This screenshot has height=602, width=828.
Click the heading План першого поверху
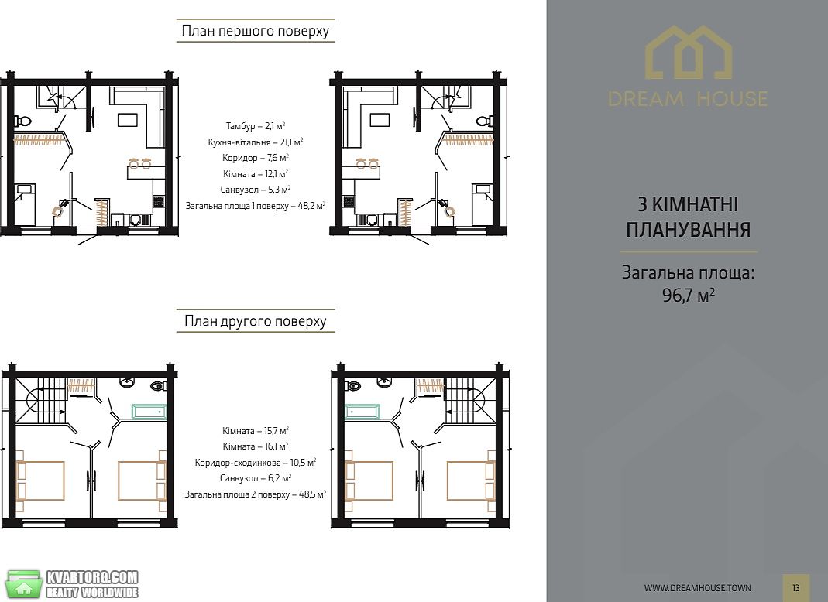[255, 31]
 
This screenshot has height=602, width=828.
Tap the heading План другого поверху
[255, 321]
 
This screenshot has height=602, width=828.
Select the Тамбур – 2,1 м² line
[256, 126]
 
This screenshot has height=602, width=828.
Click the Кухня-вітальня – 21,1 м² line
[256, 142]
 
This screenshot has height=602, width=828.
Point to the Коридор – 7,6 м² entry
[256, 158]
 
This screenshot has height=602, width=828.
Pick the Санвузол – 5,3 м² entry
[256, 190]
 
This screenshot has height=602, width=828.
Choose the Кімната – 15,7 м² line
[256, 430]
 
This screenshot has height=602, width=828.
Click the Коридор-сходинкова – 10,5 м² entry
[256, 462]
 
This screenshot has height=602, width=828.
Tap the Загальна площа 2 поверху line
[256, 494]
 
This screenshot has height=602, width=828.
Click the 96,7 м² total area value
[689, 294]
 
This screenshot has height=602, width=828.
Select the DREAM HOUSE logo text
[688, 99]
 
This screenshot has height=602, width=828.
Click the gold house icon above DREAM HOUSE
[689, 52]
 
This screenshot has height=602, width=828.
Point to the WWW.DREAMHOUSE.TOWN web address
[698, 588]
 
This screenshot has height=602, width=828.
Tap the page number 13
[795, 588]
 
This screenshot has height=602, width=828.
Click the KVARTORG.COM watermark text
[92, 577]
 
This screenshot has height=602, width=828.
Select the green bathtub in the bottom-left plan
[149, 412]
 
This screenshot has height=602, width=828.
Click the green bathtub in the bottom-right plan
[362, 412]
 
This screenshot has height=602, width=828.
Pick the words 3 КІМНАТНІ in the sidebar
[688, 204]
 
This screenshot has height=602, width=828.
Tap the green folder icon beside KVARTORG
[23, 584]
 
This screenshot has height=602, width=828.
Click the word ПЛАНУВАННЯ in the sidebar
[688, 230]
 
